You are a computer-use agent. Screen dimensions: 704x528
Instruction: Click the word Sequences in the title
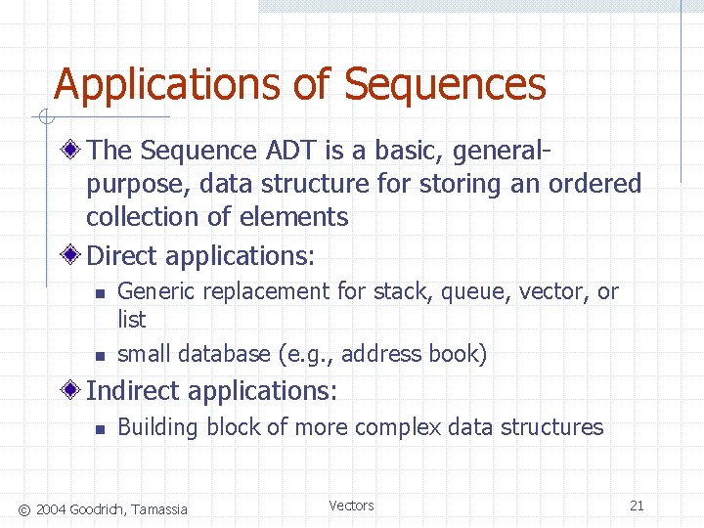(445, 85)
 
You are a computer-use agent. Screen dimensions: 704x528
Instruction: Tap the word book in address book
(457, 354)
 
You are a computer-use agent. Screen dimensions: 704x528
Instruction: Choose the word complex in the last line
(396, 427)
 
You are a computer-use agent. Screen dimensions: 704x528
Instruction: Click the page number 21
(637, 506)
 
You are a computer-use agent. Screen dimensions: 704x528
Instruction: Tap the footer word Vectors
(351, 506)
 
